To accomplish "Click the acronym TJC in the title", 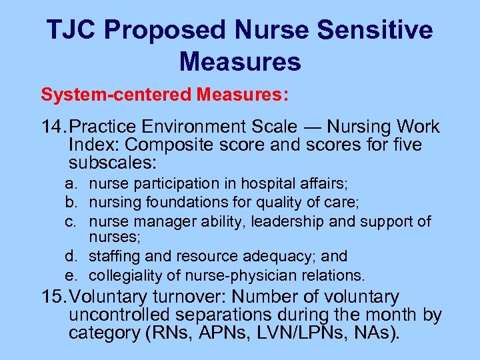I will tap(71, 30).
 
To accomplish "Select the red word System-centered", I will tap(116, 95).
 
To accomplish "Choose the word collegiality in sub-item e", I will tap(121, 275).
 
